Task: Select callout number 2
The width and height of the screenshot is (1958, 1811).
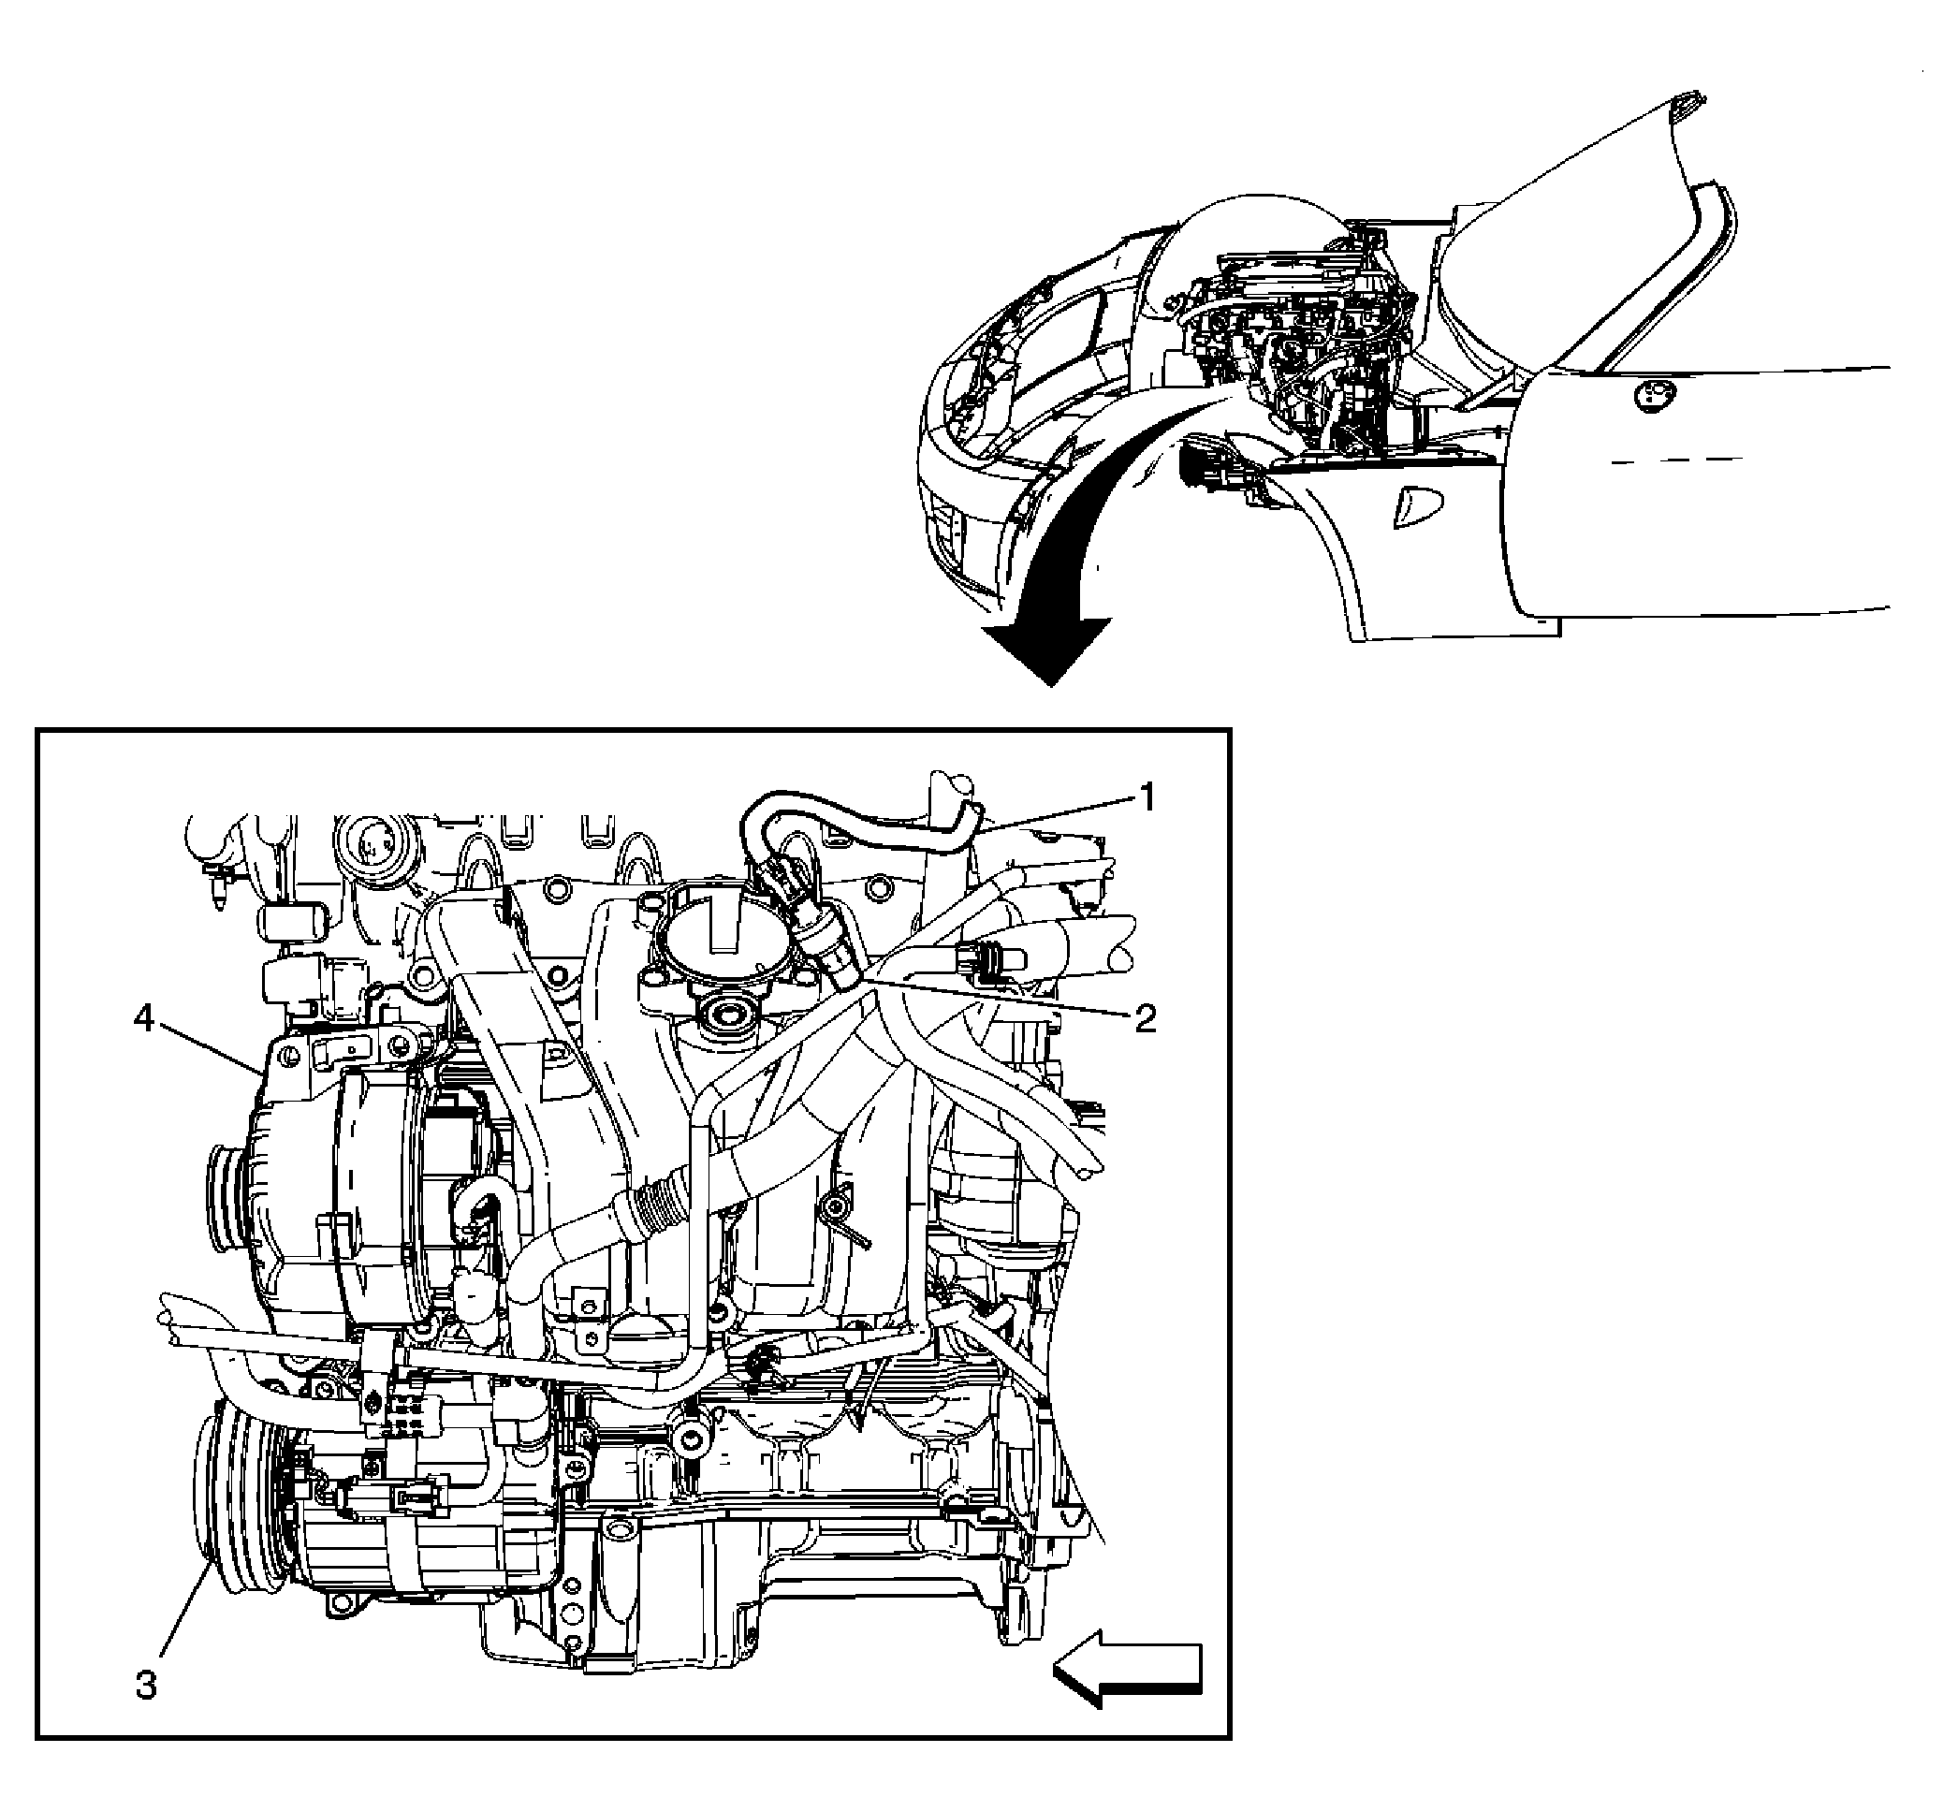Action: [1145, 1018]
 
